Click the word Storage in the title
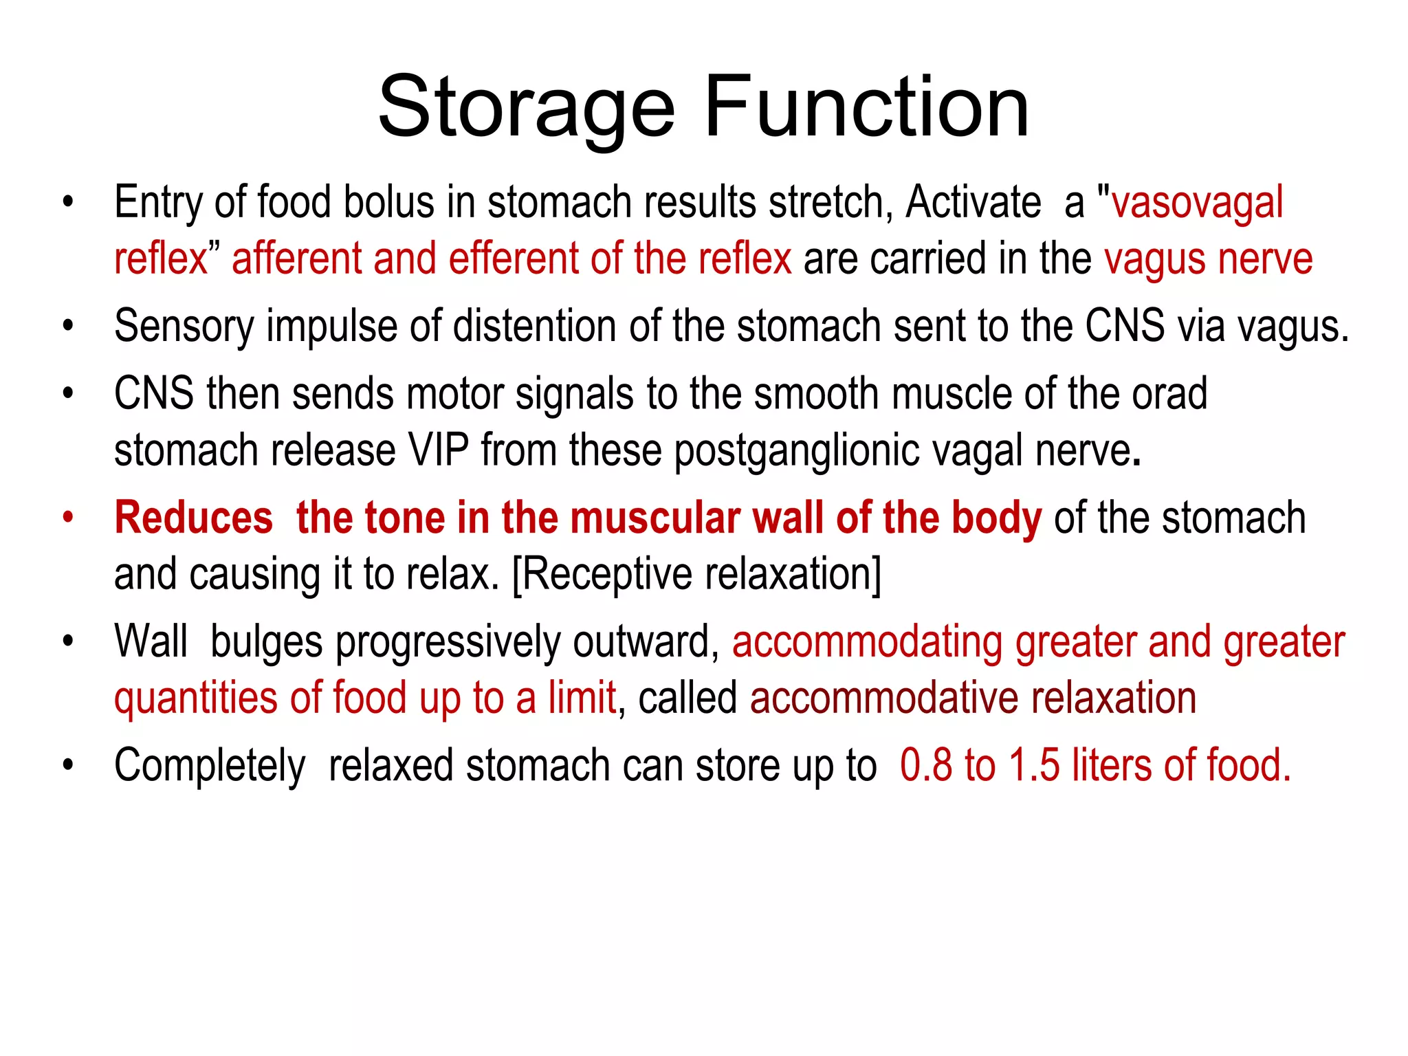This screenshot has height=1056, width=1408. click(526, 109)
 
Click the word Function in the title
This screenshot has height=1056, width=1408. click(866, 109)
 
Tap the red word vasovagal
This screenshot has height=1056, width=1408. click(1197, 203)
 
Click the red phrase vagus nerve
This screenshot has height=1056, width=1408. click(1208, 260)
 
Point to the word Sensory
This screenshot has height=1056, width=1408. click(184, 327)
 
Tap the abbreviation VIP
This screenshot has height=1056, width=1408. click(439, 451)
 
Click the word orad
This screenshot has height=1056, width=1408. click(1169, 395)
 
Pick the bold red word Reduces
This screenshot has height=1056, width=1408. click(194, 518)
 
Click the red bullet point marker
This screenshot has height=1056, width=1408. click(67, 517)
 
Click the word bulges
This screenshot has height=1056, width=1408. click(266, 643)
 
